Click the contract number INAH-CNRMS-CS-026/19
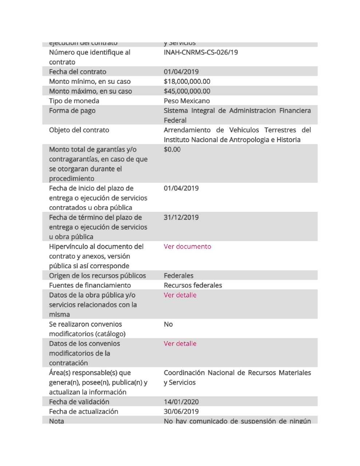(x=201, y=52)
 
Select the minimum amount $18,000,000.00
(x=187, y=82)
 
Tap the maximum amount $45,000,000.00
(x=187, y=91)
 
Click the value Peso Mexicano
(x=187, y=101)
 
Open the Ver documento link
(x=187, y=246)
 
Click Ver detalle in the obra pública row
(x=180, y=295)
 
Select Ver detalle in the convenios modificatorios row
(x=180, y=344)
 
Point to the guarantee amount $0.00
(x=172, y=150)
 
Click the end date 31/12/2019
(x=181, y=218)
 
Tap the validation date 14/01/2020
(x=181, y=402)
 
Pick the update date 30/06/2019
(x=181, y=411)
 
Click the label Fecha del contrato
(x=78, y=72)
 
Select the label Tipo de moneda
(x=74, y=101)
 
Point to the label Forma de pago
(x=72, y=111)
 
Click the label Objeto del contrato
(x=79, y=130)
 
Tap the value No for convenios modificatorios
(x=168, y=324)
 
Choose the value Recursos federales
(x=193, y=285)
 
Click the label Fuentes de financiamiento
(x=90, y=285)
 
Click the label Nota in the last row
(x=56, y=421)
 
